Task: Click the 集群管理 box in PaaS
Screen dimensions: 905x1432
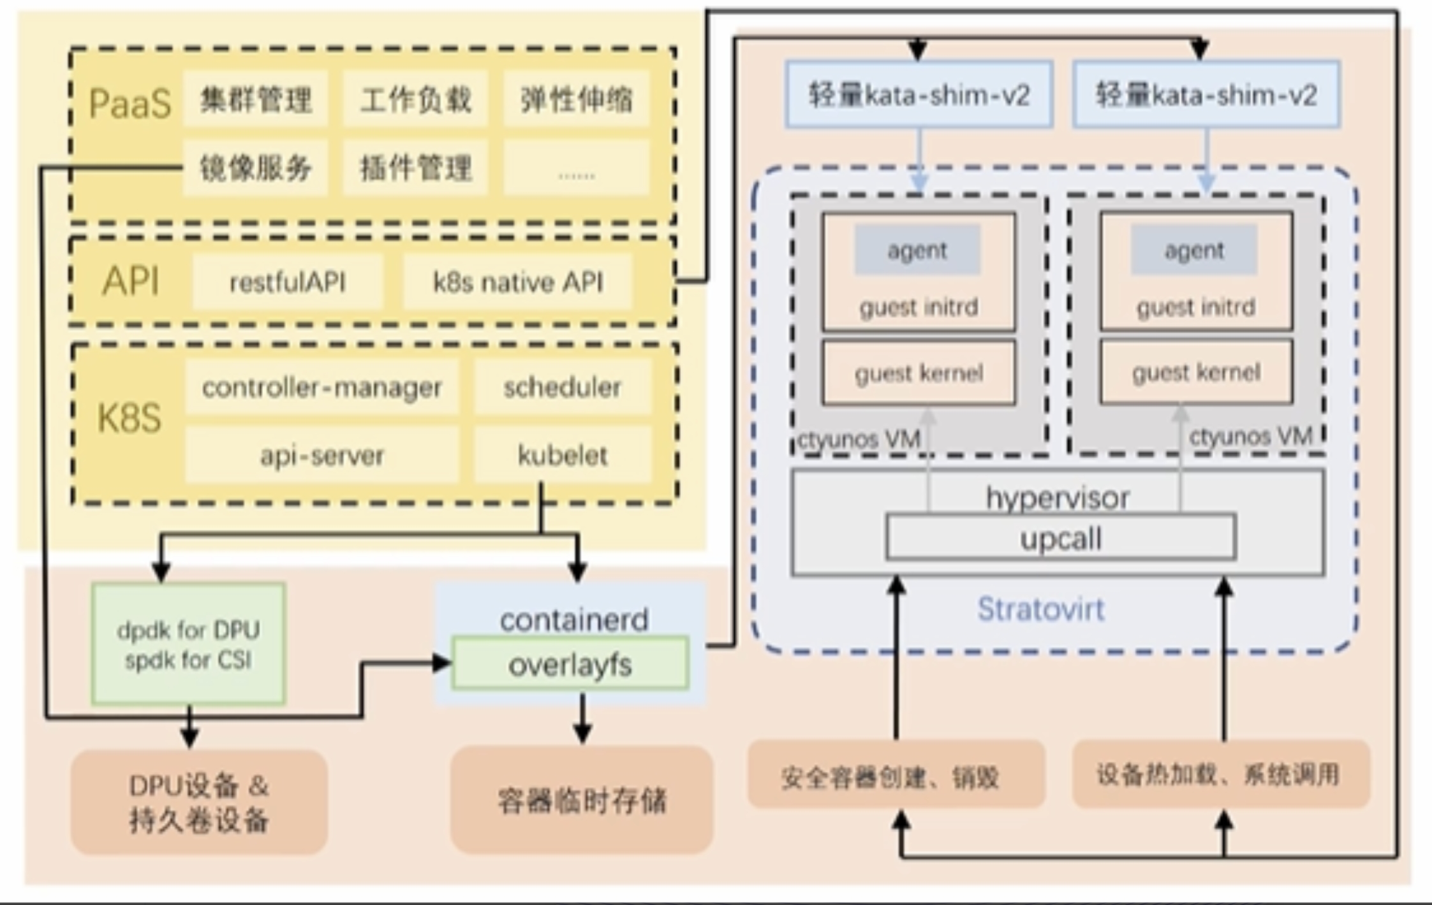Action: point(256,99)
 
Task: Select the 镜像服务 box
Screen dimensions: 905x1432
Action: point(256,168)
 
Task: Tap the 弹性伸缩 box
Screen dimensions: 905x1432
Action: point(576,99)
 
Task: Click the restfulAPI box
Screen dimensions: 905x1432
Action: point(288,282)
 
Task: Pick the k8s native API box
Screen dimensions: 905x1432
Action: point(518,282)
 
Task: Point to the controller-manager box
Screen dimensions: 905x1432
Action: point(322,387)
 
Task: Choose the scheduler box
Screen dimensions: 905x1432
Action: point(563,387)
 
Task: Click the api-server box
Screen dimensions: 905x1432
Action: point(322,455)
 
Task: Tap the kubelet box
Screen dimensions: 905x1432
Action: point(563,455)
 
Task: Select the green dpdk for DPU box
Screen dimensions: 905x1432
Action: point(188,644)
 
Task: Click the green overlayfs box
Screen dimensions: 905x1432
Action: point(570,664)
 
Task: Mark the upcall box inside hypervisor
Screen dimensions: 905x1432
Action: point(1061,539)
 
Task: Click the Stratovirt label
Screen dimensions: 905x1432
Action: point(1041,609)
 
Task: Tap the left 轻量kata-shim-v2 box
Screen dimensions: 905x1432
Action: point(919,95)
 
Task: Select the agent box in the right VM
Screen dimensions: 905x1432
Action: point(1194,250)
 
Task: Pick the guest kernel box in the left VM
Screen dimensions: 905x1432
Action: point(919,373)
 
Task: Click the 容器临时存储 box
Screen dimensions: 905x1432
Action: point(582,799)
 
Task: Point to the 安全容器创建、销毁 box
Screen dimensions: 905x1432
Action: point(896,776)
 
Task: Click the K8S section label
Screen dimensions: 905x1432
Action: point(129,418)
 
